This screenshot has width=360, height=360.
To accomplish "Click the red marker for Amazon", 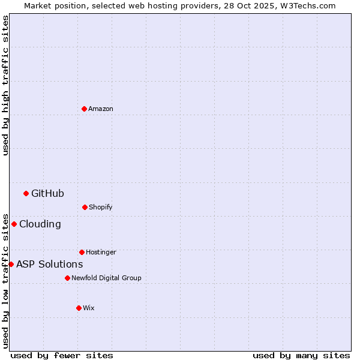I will [85, 109].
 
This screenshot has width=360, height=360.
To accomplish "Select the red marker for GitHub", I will [26, 193].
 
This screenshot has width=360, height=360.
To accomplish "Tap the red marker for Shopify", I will [85, 207].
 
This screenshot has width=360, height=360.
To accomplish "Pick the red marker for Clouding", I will [14, 224].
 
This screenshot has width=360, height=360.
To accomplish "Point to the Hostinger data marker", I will [82, 252].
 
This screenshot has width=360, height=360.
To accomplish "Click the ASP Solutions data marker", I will [11, 264].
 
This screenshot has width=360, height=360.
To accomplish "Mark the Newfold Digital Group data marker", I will [67, 278].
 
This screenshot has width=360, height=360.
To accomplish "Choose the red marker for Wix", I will [79, 308].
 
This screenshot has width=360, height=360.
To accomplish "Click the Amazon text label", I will [101, 109].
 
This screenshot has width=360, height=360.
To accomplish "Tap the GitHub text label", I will [47, 193].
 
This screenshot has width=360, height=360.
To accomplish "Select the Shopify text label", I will [101, 207].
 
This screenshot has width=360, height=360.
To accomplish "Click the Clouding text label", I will [40, 224].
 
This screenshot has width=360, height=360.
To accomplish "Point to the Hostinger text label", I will [101, 252].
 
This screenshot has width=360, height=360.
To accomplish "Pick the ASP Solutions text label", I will [50, 264].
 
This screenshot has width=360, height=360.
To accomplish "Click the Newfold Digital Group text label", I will [106, 278].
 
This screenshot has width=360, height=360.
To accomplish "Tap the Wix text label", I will [89, 308].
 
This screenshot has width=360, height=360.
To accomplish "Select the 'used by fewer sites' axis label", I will [62, 355].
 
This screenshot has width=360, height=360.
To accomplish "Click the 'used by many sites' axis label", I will [301, 355].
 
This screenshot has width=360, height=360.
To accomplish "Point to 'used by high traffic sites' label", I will [5, 85].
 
